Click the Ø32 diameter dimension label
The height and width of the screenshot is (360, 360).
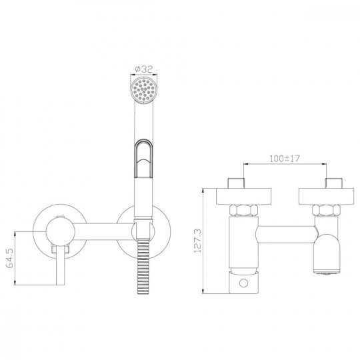[x=144, y=69]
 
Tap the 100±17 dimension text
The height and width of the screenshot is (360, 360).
[x=285, y=159]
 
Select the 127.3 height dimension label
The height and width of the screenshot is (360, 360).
[x=197, y=241]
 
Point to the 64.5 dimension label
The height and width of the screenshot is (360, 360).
[x=9, y=258]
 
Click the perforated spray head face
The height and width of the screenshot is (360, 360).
[x=144, y=90]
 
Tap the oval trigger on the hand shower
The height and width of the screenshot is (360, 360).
[x=143, y=159]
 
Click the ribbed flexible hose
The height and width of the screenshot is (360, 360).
[x=143, y=267]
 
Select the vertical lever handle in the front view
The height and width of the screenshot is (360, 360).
[x=61, y=265]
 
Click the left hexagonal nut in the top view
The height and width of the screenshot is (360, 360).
[x=243, y=210]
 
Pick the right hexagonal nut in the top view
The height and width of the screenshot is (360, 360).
[x=326, y=210]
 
